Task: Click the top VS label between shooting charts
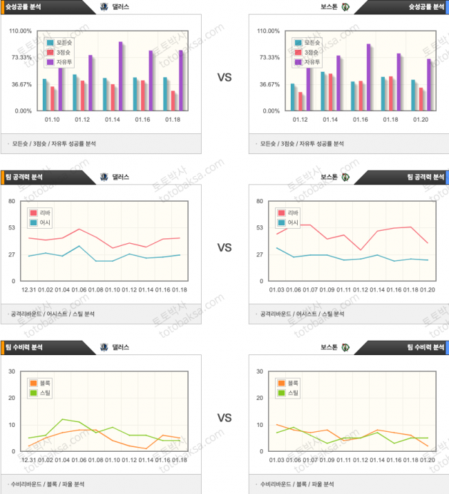click(x=224, y=78)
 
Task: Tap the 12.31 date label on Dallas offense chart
click(x=29, y=289)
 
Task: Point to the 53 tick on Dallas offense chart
click(x=12, y=228)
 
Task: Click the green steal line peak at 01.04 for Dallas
click(x=63, y=419)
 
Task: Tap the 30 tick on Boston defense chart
click(x=259, y=371)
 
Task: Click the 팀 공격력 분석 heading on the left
click(x=23, y=176)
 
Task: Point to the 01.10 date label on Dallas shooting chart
click(x=52, y=120)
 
